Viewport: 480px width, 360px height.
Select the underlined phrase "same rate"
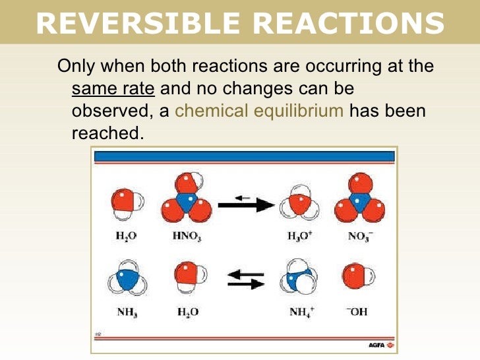(113, 88)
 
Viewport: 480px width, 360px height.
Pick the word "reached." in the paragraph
(107, 133)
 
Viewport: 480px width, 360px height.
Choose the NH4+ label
(300, 311)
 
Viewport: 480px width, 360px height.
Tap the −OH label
(357, 311)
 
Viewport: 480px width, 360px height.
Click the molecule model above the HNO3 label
(187, 200)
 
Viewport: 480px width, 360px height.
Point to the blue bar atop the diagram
(244, 156)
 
